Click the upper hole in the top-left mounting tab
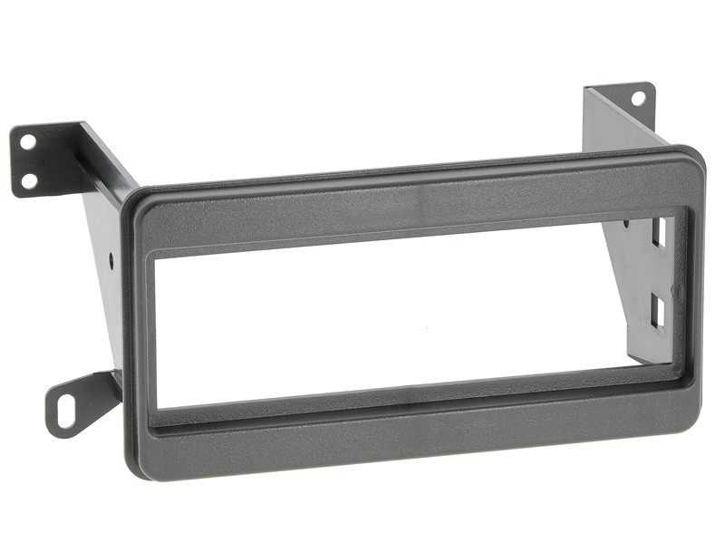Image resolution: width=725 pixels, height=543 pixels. [x=28, y=142]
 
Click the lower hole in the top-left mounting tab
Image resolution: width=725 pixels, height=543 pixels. [x=29, y=180]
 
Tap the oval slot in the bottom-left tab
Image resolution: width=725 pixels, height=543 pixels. [x=66, y=413]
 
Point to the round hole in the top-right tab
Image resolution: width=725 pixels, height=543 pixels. [x=638, y=97]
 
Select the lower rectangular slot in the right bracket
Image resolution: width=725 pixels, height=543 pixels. [x=658, y=311]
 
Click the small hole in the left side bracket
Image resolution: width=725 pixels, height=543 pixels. [x=111, y=258]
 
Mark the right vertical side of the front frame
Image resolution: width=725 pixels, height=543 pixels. [x=693, y=290]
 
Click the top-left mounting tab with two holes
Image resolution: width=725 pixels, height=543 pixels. [x=41, y=159]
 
